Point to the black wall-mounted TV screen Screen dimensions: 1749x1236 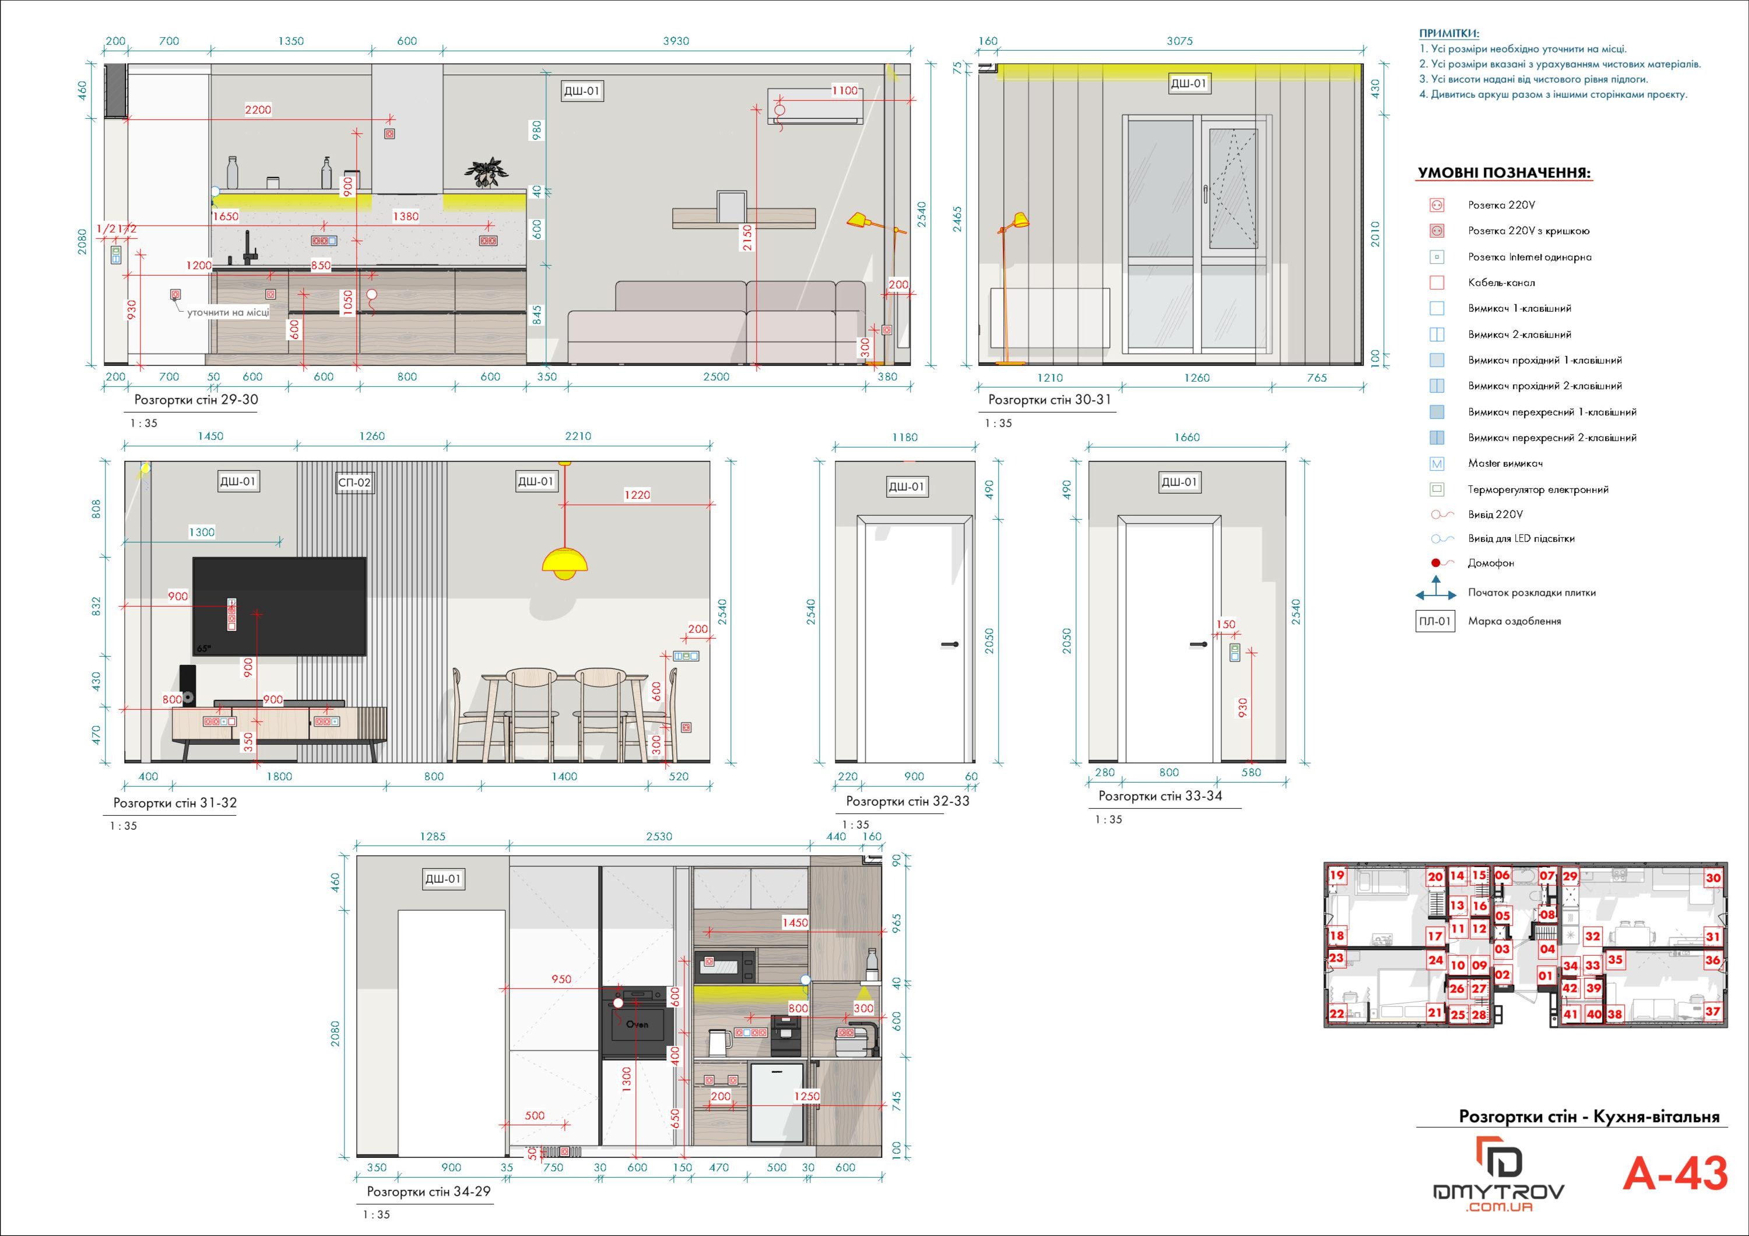(280, 606)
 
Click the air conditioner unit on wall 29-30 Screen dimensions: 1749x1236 (815, 106)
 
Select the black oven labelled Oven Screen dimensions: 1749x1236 (638, 1023)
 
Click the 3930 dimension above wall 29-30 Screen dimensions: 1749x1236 (676, 41)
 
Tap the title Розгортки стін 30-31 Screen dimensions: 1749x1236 (1050, 399)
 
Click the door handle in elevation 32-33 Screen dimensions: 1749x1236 (950, 645)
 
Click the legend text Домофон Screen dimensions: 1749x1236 (1491, 564)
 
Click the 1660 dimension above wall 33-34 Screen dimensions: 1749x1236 (1187, 437)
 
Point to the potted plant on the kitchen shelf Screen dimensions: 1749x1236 (485, 172)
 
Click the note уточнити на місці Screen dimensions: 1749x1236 (228, 312)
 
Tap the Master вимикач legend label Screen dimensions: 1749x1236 (1505, 463)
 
